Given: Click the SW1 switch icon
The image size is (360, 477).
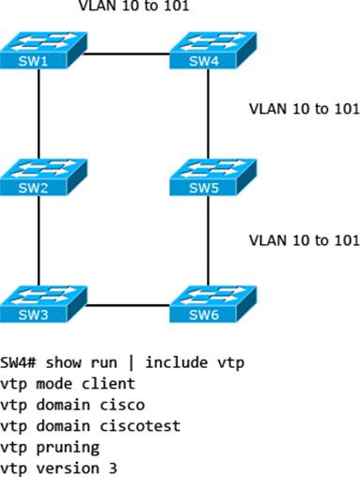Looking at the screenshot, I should point(39,53).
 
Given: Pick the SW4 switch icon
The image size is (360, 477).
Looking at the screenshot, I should point(207,53).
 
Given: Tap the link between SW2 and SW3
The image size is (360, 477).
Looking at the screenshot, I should point(39,242).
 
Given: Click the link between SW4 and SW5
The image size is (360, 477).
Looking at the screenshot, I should point(207,115).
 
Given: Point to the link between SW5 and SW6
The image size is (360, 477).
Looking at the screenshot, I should point(207,242).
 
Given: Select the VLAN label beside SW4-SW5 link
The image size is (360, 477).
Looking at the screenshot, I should point(303,108).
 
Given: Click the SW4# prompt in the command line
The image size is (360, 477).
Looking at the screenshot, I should point(19,363).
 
